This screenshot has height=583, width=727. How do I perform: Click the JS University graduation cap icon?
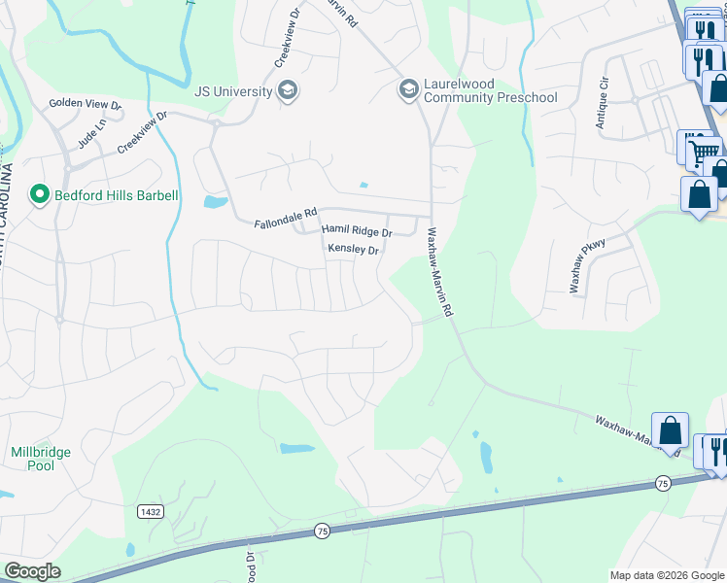coord(288,92)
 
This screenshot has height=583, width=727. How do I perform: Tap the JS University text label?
coord(232,92)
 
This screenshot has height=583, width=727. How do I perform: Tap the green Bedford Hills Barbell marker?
coord(40,195)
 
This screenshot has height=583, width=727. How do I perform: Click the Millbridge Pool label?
coord(33,459)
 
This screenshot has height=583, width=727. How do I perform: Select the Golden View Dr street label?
coord(85,104)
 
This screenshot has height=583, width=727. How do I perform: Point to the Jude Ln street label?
coord(89,135)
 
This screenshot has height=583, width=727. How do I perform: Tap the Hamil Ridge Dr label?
coord(357,232)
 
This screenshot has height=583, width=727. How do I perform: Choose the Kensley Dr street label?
coord(352,250)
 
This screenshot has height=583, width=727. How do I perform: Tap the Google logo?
coord(32,571)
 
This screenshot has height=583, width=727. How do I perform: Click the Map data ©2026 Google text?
coord(666,575)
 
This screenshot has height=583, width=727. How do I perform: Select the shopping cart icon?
coord(703,151)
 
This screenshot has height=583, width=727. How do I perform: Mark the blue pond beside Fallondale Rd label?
coord(215,202)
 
